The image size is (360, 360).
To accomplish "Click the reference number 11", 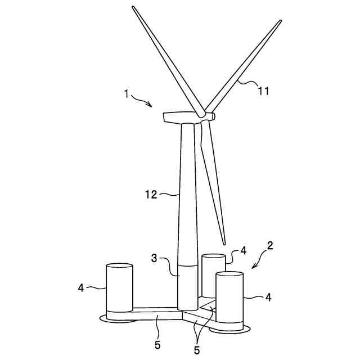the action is click(x=264, y=91).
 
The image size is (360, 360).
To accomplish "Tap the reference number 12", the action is click(x=151, y=195).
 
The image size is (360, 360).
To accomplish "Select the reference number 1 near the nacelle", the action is click(x=126, y=94).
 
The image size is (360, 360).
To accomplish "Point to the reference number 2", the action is click(x=270, y=246).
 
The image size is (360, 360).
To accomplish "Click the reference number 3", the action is click(x=154, y=258).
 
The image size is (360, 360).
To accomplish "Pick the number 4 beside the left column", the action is click(x=81, y=287).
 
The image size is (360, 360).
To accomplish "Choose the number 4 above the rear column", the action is click(x=244, y=250).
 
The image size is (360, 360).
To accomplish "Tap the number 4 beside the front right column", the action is click(x=268, y=298).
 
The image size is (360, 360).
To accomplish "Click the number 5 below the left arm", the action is click(x=157, y=345).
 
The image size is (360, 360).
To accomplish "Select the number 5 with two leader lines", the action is click(x=197, y=350).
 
